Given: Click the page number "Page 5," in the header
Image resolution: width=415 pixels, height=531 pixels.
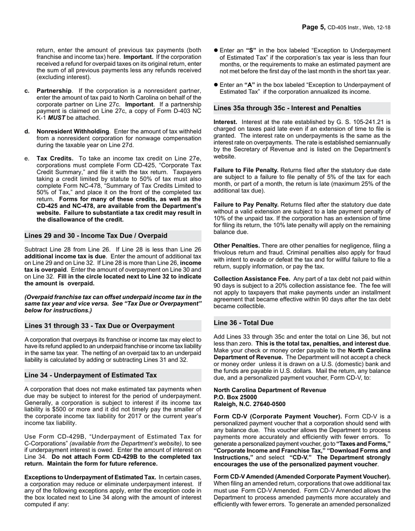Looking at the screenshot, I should click(x=313, y=28).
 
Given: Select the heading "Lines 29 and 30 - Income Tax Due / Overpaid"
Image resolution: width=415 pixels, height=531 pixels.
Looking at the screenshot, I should click(x=96, y=236).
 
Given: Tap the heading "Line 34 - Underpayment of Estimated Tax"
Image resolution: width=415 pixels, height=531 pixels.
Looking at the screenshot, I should click(x=90, y=375).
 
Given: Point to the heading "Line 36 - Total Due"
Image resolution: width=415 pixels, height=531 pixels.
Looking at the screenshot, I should click(x=243, y=323).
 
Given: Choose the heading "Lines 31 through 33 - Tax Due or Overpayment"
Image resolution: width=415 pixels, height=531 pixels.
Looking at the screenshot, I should click(x=99, y=326).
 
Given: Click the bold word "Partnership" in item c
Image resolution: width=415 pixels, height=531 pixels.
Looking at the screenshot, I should click(x=54, y=91).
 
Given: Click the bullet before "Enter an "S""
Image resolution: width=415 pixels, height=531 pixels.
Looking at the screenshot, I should click(x=216, y=51).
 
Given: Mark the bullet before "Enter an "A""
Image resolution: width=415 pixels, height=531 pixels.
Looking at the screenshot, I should click(x=216, y=85).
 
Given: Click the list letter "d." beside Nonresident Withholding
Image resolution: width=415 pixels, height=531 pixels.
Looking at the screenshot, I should click(x=28, y=131).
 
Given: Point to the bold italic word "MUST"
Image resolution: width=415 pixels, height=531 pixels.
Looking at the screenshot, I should click(x=56, y=118).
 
